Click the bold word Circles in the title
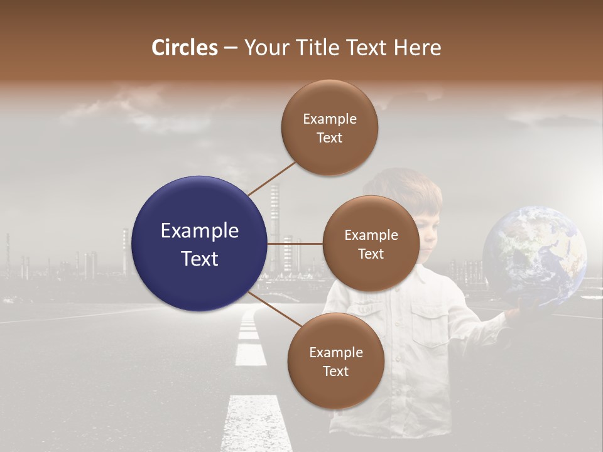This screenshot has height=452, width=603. pos(185,48)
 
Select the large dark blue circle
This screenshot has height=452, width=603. pos(200,244)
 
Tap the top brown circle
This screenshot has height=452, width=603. pos(329,127)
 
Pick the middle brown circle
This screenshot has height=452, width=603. pos(371,244)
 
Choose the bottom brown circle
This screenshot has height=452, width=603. pos(335,361)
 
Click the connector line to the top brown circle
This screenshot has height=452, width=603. pos(271,178)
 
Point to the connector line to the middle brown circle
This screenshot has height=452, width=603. pos(295,244)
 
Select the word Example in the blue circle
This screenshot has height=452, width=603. pos(200,230)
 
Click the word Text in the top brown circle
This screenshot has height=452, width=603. pos(329,138)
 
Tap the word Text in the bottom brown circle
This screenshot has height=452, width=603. pos(335,372)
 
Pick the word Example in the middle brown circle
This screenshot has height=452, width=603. pos(371,235)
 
